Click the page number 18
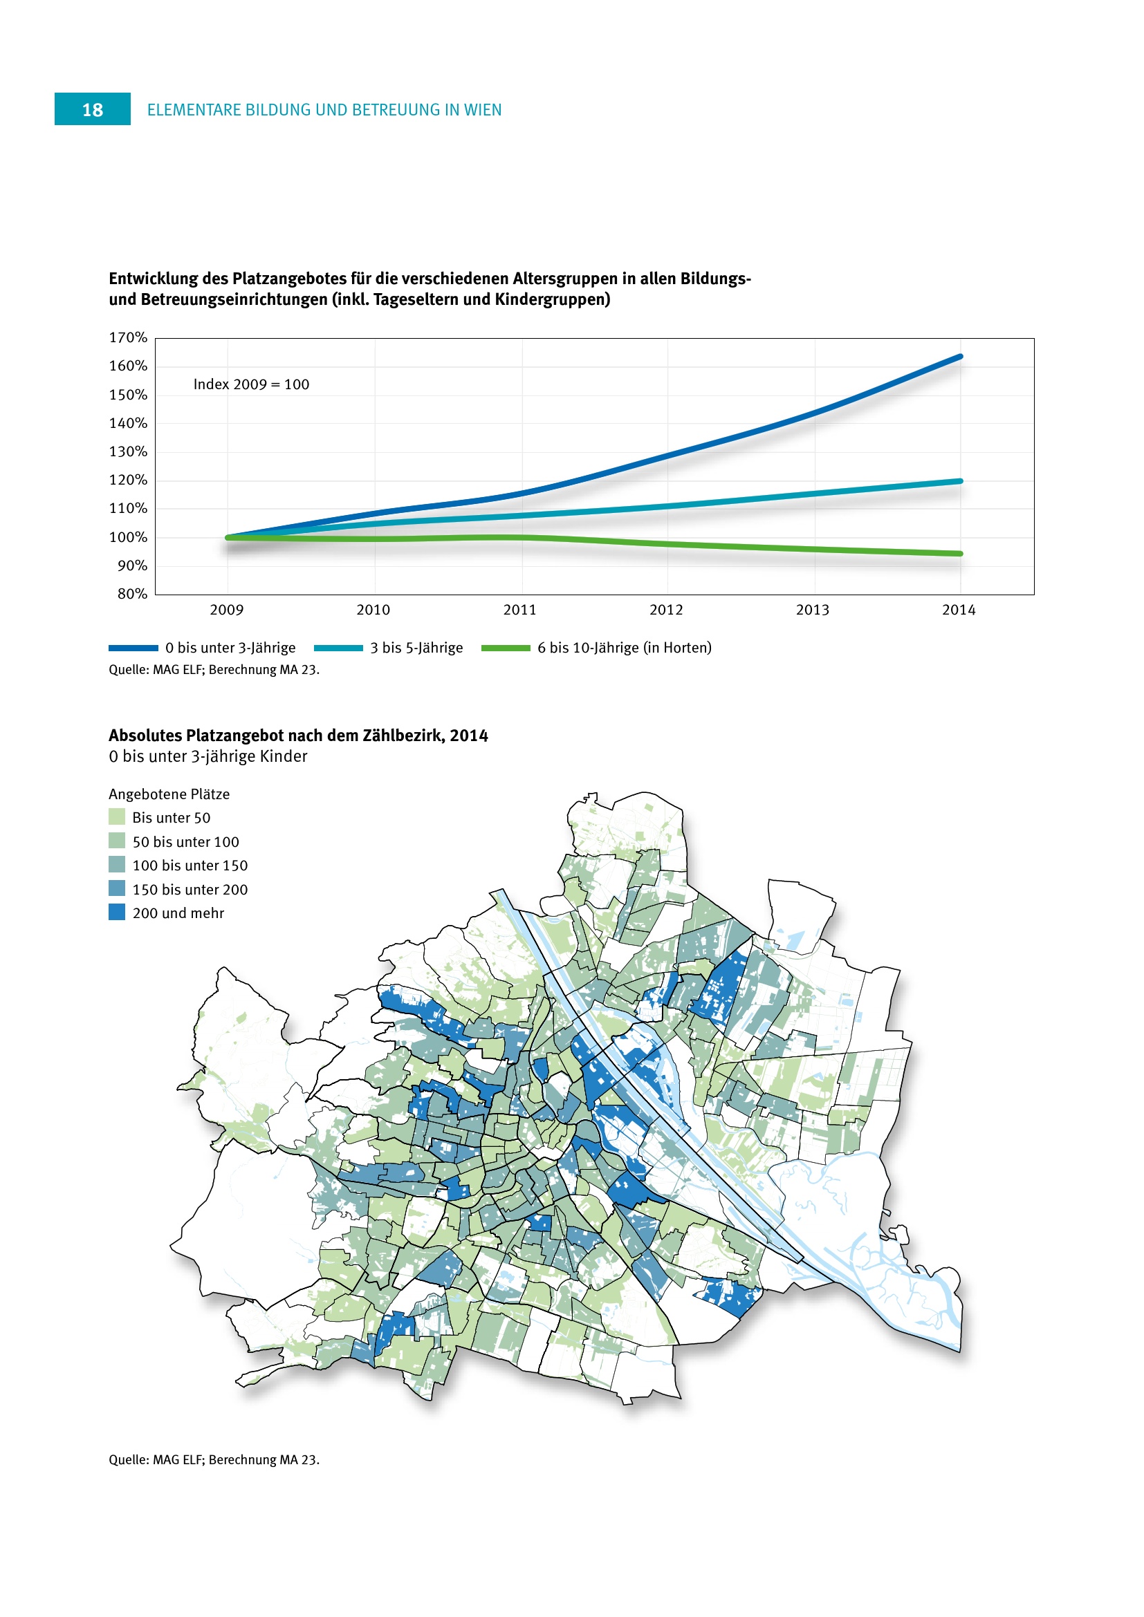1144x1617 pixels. [92, 110]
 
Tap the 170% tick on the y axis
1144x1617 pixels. [127, 337]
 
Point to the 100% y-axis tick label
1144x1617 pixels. [127, 537]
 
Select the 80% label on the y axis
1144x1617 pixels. [131, 594]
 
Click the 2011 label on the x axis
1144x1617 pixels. [519, 610]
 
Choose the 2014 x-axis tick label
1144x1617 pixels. [959, 610]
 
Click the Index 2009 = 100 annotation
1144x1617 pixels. [251, 384]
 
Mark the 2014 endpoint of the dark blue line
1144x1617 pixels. [960, 357]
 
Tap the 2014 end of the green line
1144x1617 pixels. [960, 554]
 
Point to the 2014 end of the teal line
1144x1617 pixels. [960, 481]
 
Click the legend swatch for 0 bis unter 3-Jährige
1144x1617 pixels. [133, 648]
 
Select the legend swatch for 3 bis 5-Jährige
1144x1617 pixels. [338, 648]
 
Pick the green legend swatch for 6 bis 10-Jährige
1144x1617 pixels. [505, 648]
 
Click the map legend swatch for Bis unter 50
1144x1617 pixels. [117, 817]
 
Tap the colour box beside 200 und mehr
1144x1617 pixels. [117, 912]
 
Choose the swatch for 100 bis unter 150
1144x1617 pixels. [117, 865]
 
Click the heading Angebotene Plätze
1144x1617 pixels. [169, 794]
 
